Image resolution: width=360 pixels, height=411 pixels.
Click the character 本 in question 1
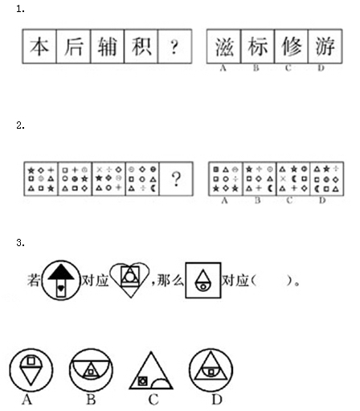(x=39, y=47)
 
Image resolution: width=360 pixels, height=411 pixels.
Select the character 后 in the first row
(x=73, y=47)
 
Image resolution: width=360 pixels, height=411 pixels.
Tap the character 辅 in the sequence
(x=107, y=47)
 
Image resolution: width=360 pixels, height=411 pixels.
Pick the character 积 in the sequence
(x=141, y=47)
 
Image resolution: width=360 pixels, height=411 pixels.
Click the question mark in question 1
(x=174, y=47)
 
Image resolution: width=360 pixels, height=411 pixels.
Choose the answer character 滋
(x=224, y=47)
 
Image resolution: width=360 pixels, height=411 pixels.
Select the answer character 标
(x=258, y=47)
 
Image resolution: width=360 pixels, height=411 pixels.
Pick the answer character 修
(x=292, y=47)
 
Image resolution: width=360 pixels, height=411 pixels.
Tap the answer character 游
(x=325, y=47)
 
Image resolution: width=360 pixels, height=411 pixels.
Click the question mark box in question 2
(x=176, y=179)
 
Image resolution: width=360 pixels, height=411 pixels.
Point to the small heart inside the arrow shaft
(x=61, y=289)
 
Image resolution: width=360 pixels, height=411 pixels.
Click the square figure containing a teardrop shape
(x=203, y=281)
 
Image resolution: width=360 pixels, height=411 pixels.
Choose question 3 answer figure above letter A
(x=31, y=370)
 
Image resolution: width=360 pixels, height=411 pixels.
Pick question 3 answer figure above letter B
(x=91, y=370)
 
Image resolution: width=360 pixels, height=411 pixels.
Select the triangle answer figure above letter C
(x=151, y=371)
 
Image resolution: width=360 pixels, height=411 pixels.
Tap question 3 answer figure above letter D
(x=211, y=370)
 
